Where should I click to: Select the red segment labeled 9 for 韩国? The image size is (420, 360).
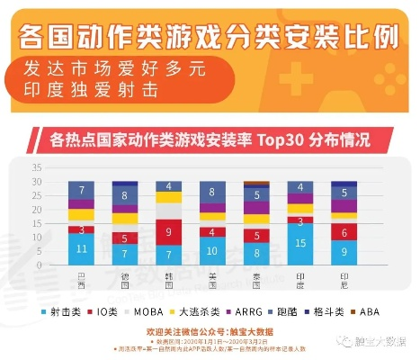pyautogui.click(x=169, y=232)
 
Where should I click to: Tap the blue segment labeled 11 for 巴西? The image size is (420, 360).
pyautogui.click(x=82, y=249)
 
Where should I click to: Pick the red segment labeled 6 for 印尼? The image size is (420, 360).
pyautogui.click(x=344, y=231)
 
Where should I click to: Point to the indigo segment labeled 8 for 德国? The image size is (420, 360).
pyautogui.click(x=125, y=194)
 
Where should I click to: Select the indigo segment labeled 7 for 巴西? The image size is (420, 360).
pyautogui.click(x=82, y=190)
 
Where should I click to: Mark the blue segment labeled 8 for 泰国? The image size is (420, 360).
pyautogui.click(x=256, y=254)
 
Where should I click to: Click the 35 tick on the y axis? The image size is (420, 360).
pyautogui.click(x=38, y=168)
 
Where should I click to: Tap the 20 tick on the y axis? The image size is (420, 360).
pyautogui.click(x=38, y=210)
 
